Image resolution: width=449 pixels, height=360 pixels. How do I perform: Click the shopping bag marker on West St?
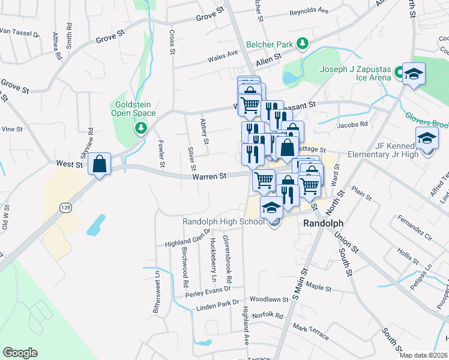[x=100, y=163]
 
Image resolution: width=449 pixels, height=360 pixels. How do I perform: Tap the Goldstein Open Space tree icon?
[x=141, y=127]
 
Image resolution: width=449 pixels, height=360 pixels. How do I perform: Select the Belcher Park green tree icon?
[x=304, y=44]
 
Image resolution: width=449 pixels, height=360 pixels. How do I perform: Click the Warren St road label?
[x=209, y=176]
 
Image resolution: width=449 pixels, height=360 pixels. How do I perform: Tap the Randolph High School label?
[x=223, y=222]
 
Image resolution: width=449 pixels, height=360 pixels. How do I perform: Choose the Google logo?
[x=20, y=353]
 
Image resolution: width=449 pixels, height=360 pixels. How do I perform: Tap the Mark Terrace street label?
[x=311, y=332]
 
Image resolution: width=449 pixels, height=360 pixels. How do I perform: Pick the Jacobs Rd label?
[x=352, y=125]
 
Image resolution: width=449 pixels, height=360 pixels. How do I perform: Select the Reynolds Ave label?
[x=309, y=11]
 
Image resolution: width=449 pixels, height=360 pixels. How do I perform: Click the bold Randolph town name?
[x=322, y=222]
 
